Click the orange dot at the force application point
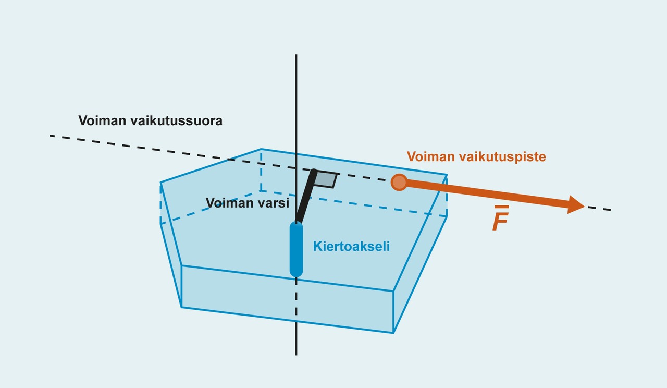click(399, 182)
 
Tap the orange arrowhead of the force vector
click(576, 204)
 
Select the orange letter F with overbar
click(500, 221)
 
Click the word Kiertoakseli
click(351, 247)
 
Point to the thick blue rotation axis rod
click(296, 249)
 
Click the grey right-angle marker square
click(325, 179)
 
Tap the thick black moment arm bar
click(305, 196)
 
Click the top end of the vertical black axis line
click(296, 55)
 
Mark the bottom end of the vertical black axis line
click(296, 354)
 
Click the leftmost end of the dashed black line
click(51, 136)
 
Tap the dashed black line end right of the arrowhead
click(609, 210)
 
